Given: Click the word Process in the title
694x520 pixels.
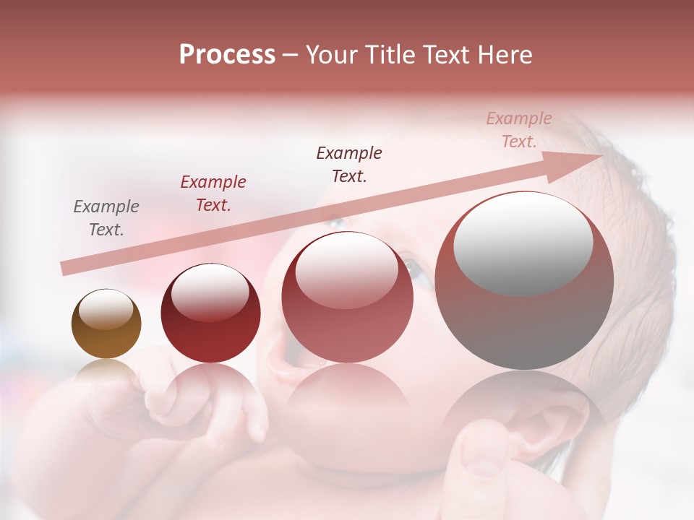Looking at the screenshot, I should point(227,55).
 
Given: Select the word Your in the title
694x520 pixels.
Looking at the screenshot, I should point(333,55).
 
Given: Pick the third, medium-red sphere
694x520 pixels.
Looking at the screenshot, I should point(347,298).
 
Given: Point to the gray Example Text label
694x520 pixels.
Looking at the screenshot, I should point(106,218).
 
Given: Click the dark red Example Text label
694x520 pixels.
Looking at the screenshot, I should point(213,194).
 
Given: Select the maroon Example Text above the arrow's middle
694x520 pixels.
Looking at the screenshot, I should point(349,164).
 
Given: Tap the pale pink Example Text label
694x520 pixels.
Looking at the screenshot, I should point(519,130).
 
